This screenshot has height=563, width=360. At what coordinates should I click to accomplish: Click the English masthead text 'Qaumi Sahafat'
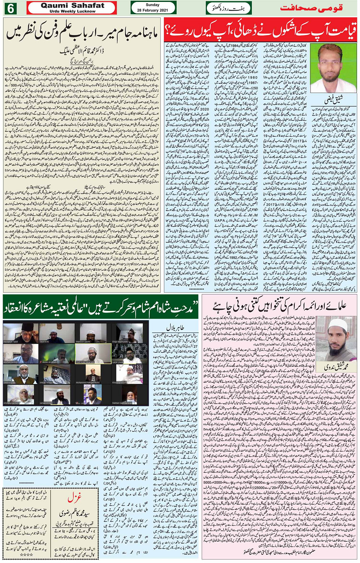[72, 6]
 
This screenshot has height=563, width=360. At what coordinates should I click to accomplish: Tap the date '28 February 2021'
[153, 10]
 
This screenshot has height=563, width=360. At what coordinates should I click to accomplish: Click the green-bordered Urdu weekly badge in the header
[229, 8]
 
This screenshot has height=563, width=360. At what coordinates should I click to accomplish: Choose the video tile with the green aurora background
[57, 354]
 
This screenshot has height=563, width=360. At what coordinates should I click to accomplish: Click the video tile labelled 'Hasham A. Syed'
[21, 333]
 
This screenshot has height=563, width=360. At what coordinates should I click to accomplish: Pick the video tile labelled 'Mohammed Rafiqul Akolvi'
[93, 374]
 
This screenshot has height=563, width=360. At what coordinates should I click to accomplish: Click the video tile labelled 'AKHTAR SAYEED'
[21, 354]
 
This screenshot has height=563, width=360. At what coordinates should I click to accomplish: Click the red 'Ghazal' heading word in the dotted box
[72, 498]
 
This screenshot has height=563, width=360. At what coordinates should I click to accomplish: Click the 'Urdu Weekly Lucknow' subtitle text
[72, 11]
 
